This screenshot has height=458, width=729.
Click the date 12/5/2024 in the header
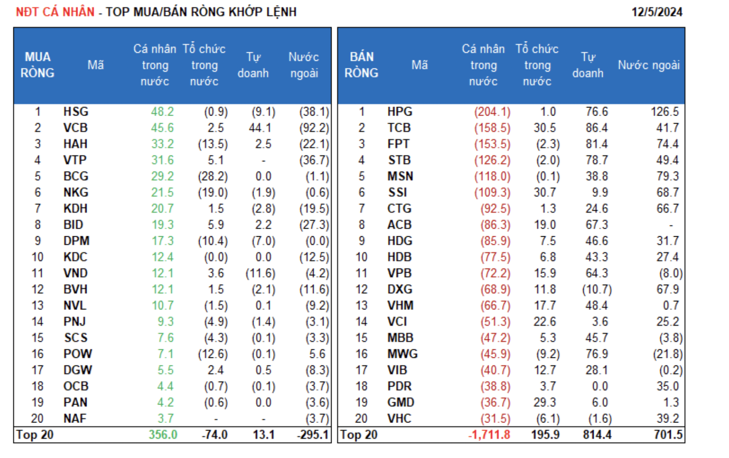(657, 12)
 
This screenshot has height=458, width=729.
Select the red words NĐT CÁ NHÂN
(55, 12)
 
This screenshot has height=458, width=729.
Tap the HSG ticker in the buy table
(76, 112)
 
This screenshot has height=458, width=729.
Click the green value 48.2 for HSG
(162, 112)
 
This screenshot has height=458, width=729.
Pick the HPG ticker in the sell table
(400, 112)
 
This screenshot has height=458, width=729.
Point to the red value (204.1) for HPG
(492, 112)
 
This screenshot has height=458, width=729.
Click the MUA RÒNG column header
(38, 65)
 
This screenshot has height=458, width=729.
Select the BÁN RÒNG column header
(362, 65)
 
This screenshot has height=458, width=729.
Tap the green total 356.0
(163, 435)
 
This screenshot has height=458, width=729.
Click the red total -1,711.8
(489, 435)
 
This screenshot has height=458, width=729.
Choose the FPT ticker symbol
(398, 144)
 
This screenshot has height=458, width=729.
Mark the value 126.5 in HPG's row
(665, 112)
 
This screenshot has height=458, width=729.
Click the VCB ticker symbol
(75, 128)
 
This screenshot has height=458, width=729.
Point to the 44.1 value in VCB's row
(260, 128)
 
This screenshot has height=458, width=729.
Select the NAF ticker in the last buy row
(75, 418)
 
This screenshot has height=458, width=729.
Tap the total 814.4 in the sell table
(597, 435)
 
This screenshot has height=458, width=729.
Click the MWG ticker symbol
(402, 354)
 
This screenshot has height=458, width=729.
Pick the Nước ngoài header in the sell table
(648, 65)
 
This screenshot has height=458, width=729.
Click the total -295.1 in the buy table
(313, 435)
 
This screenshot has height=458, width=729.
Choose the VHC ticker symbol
(399, 418)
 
